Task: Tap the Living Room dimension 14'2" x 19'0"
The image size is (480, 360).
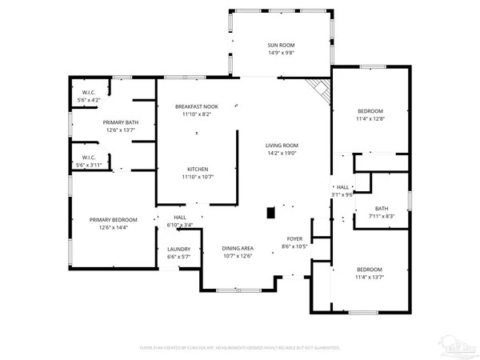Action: click(x=282, y=154)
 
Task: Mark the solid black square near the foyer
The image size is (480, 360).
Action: click(x=271, y=213)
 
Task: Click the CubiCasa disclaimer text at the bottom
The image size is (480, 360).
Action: click(x=240, y=348)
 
